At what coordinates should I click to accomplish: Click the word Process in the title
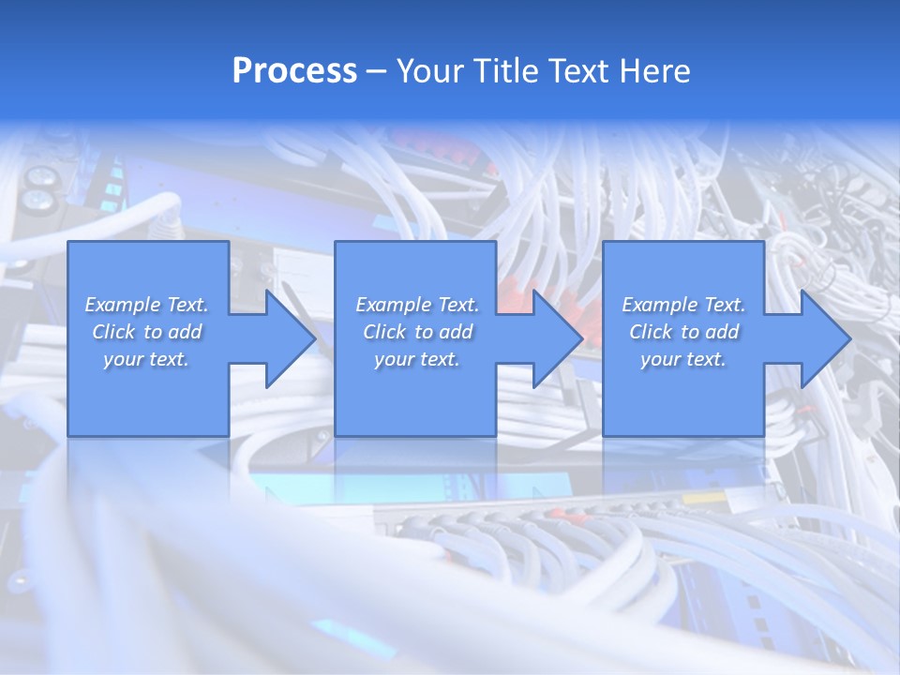[x=294, y=71]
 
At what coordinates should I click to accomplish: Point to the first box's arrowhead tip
[x=315, y=338]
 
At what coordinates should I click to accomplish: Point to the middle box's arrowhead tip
[x=582, y=338]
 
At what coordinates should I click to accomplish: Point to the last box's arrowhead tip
[x=849, y=338]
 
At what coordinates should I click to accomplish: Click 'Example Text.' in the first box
[x=147, y=305]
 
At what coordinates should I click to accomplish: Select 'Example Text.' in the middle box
[x=417, y=305]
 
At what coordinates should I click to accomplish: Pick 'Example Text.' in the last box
[x=683, y=305]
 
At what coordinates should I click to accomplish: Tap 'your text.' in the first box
[x=146, y=359]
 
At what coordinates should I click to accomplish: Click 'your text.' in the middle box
[x=417, y=359]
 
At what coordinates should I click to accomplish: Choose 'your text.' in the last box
[x=683, y=359]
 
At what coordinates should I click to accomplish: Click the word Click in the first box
[x=114, y=332]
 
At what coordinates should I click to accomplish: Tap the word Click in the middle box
[x=385, y=332]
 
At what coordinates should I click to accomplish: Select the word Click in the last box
[x=652, y=332]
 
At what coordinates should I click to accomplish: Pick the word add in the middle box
[x=456, y=332]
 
